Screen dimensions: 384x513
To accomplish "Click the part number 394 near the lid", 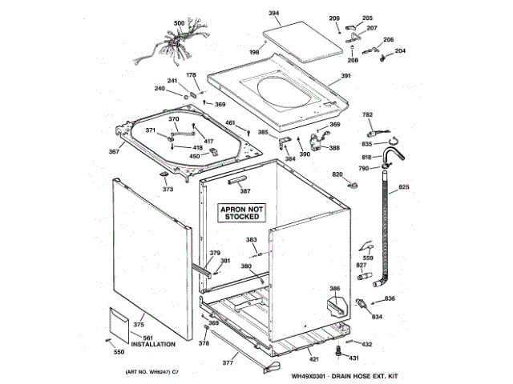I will [273, 14].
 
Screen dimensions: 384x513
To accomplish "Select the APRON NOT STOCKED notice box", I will [240, 211].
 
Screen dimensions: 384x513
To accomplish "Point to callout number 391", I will [345, 76].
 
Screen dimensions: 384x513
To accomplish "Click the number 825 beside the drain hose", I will [403, 186].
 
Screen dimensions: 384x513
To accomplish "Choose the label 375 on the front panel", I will [138, 324].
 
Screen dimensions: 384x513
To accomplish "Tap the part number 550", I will [119, 352].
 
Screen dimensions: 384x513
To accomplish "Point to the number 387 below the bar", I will [245, 191].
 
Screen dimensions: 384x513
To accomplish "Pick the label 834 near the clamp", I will [376, 318].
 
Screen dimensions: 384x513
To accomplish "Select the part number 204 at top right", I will [400, 51].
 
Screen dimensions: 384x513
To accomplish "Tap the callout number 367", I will [114, 152].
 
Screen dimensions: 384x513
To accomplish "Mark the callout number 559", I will [368, 258].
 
